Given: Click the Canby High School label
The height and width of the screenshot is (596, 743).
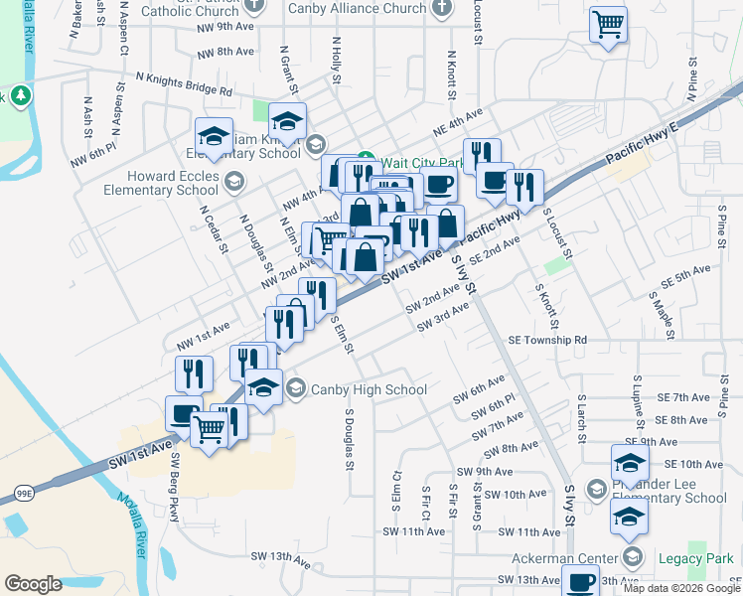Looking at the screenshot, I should point(370,389).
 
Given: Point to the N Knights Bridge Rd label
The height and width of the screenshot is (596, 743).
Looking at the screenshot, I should point(184,82).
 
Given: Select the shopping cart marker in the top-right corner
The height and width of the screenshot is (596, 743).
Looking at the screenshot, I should point(608,24).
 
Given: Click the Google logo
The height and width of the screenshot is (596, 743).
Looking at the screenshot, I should point(33,583).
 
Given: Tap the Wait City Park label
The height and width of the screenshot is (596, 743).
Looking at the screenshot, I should point(422,162).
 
